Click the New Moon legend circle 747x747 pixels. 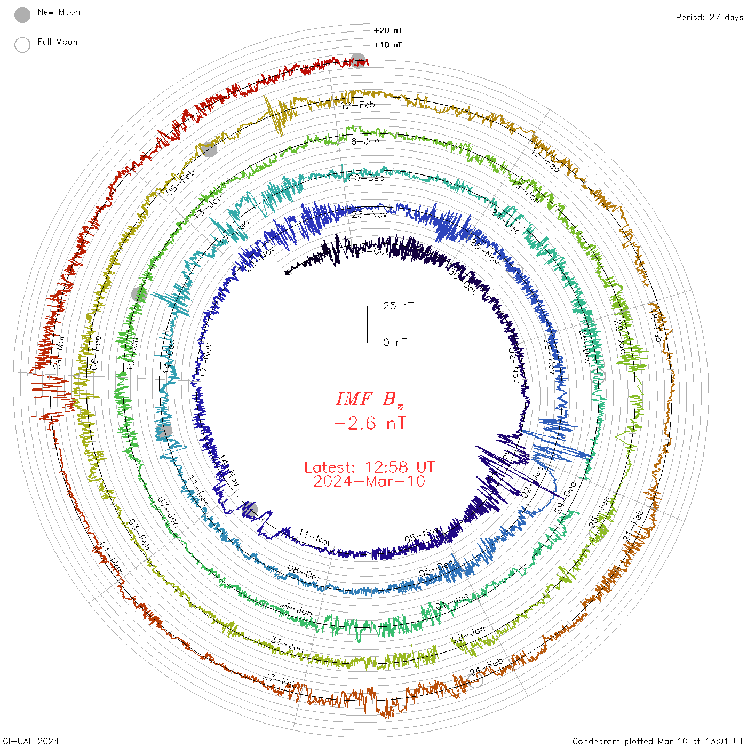click(22, 15)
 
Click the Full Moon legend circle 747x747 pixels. click(22, 45)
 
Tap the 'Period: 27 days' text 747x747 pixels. click(709, 17)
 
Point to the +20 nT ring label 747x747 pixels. click(388, 30)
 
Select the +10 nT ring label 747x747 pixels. click(388, 45)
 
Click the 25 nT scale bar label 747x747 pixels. click(398, 306)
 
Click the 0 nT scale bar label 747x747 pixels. click(395, 342)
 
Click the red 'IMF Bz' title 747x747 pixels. click(369, 399)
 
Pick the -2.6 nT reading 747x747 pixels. click(369, 423)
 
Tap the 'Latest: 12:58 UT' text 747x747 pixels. click(369, 467)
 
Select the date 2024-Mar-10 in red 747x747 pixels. click(369, 481)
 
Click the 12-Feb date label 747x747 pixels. click(358, 105)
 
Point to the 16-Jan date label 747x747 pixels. click(363, 141)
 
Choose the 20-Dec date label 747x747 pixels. click(366, 178)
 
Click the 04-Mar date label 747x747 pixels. click(59, 352)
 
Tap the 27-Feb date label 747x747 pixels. click(281, 681)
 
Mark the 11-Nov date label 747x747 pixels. click(315, 538)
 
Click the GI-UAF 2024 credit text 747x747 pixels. click(31, 741)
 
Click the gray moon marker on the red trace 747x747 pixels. click(358, 61)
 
